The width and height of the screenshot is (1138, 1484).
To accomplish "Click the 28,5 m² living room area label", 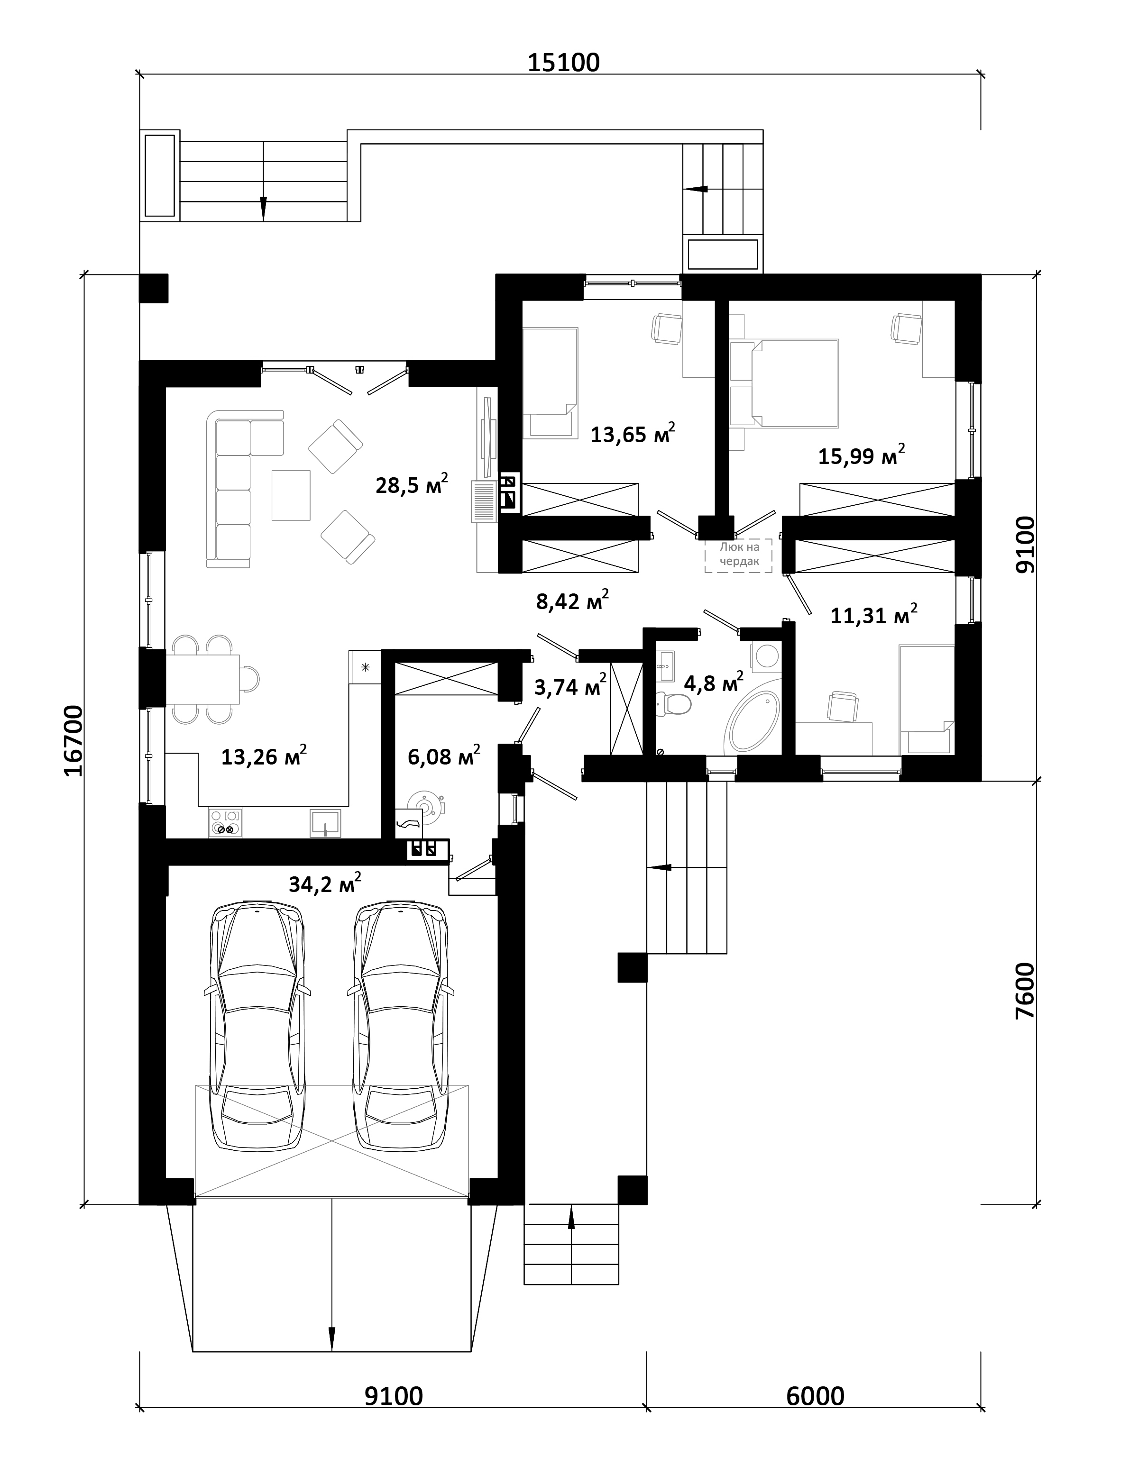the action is click(412, 484).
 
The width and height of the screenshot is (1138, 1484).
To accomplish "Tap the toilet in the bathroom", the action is click(675, 704).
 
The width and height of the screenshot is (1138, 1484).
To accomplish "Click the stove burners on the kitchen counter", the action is click(226, 822).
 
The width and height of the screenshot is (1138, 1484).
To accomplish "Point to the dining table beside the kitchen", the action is click(204, 679).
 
